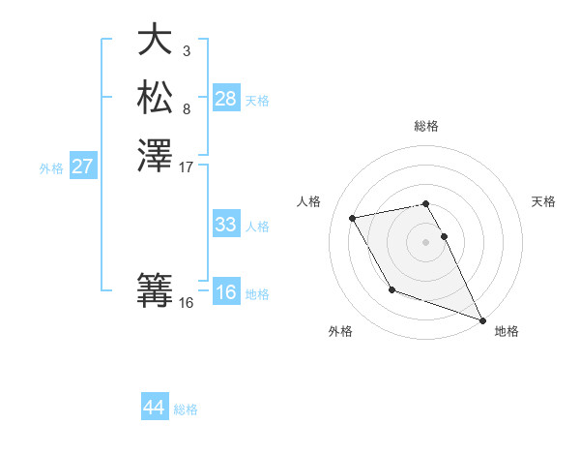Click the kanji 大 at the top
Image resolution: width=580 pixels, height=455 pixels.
(155, 40)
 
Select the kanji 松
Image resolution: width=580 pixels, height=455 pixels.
(155, 97)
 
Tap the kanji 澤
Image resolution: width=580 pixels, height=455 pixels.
(155, 155)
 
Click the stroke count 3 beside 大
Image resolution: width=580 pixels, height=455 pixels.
(187, 50)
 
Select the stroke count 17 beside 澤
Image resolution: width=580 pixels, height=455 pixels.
(187, 167)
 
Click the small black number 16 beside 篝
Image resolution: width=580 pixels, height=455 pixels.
(187, 303)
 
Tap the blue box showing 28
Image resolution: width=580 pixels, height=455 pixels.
(226, 98)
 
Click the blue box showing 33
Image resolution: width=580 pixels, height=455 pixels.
(226, 225)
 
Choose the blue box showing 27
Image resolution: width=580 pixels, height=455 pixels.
(83, 167)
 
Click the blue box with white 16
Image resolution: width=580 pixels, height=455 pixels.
(226, 292)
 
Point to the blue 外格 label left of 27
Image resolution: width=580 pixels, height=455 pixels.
(51, 167)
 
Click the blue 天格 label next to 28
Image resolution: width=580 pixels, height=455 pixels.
(257, 100)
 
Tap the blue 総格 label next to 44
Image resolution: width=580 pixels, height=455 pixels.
(186, 409)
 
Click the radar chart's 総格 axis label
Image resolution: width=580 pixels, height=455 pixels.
(426, 126)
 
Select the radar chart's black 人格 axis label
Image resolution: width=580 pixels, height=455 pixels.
(308, 201)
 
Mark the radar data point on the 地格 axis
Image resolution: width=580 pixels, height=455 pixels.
(482, 319)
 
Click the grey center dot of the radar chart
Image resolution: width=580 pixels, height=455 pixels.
(426, 241)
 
